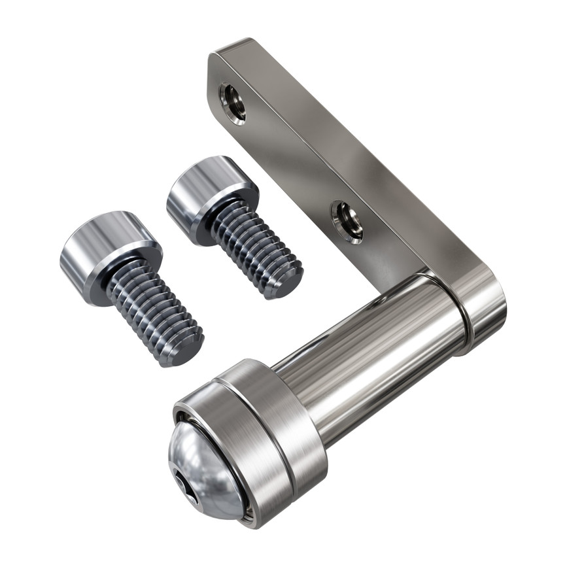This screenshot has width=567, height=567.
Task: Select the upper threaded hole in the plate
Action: (232, 103)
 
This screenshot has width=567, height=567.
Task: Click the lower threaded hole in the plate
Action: (347, 221)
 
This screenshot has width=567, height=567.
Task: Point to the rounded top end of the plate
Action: (229, 56)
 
